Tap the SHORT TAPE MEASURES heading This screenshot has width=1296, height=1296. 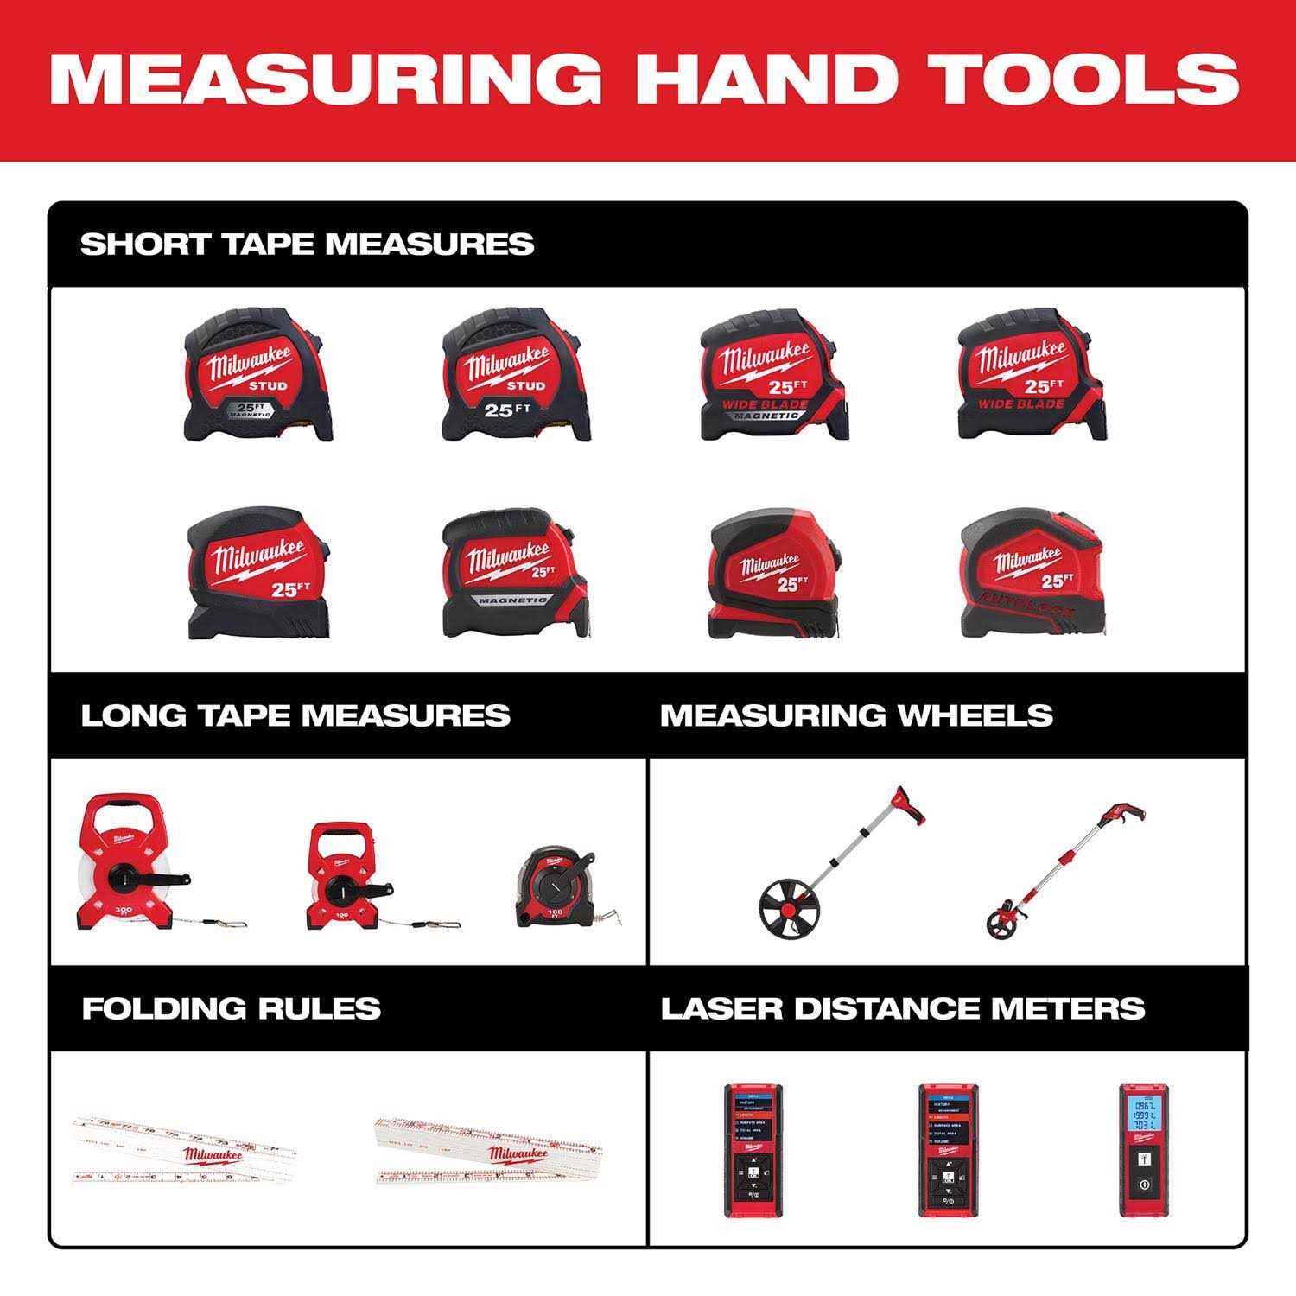pos(307,244)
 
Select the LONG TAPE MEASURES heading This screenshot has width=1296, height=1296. pos(295,715)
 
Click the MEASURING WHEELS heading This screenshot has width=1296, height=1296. pos(856,715)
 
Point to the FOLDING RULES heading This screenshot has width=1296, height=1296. pos(231,1008)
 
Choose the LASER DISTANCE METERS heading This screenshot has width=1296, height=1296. pos(902,1008)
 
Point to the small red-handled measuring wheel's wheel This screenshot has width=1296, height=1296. pos(1000,921)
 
